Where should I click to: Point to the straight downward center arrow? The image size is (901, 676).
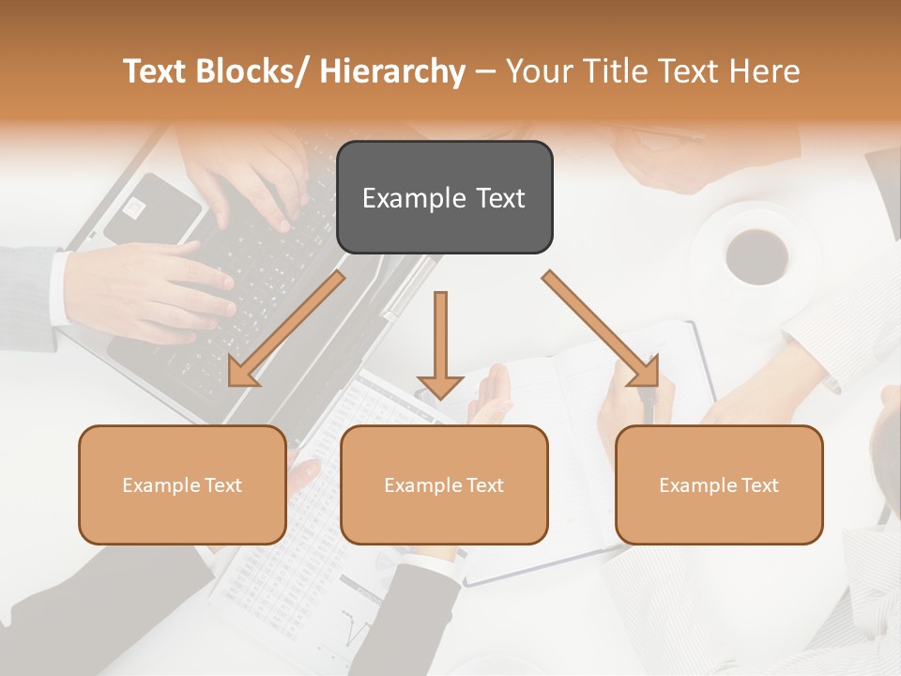point(440,344)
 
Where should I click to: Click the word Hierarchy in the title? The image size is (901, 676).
point(392,71)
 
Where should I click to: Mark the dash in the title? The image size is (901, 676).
point(485,71)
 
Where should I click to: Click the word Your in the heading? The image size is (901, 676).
point(537,71)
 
